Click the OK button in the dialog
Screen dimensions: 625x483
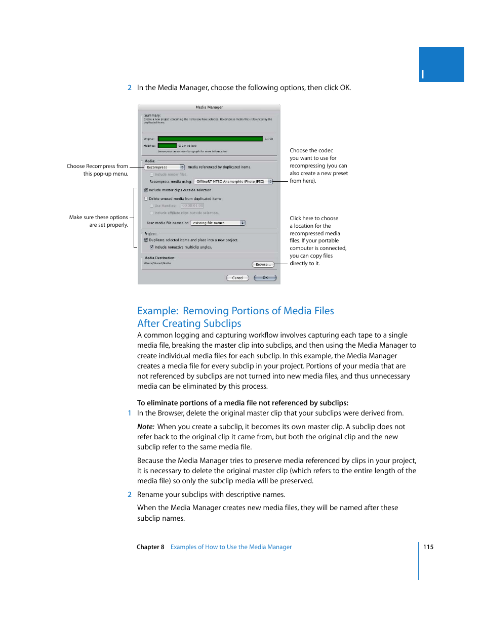265,278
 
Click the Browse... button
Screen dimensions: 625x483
262,265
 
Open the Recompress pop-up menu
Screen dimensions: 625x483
165,167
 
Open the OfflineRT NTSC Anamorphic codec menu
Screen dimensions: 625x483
233,181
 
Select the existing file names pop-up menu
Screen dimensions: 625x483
218,223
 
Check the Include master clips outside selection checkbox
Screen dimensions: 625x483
146,190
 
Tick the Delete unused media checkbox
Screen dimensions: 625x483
146,199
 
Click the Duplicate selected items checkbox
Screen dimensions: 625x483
146,240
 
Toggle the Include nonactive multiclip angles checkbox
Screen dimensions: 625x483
151,247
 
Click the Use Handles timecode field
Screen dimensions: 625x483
192,206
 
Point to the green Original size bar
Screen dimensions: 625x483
210,139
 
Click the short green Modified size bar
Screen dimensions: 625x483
167,146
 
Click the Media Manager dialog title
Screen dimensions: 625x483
209,107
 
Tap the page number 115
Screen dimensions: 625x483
428,547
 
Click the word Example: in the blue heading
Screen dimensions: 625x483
157,311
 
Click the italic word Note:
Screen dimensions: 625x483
146,427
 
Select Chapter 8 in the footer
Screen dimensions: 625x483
150,547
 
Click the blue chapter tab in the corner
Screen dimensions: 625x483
441,65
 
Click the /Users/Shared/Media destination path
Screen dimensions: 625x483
157,263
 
